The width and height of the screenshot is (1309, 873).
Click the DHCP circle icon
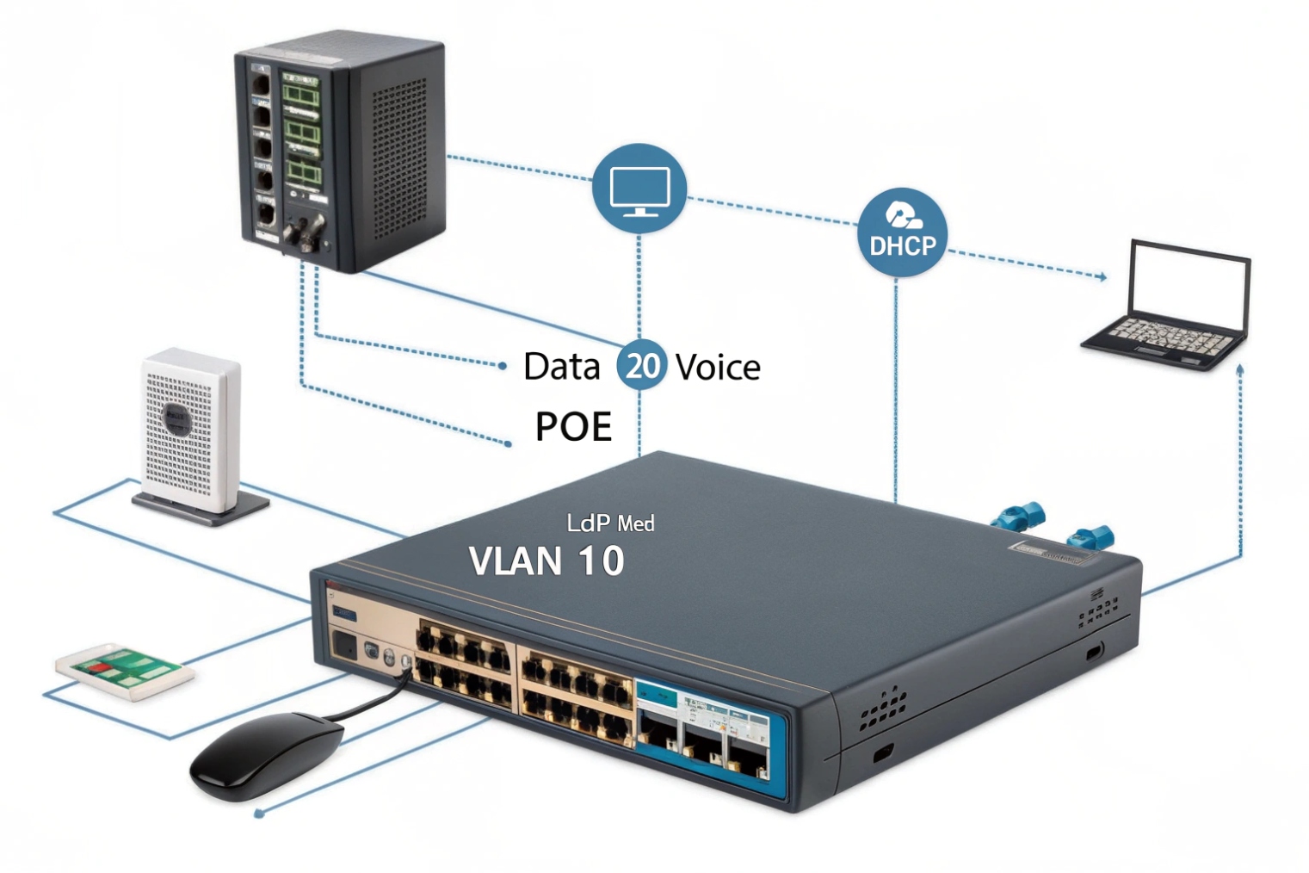click(902, 232)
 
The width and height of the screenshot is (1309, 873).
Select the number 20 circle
click(641, 365)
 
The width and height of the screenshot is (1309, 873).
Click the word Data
click(561, 367)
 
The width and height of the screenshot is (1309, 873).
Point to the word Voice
click(718, 368)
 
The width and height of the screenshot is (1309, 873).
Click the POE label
click(573, 426)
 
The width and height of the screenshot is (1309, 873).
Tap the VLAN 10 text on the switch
click(546, 561)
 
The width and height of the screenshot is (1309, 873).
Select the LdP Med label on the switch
click(610, 523)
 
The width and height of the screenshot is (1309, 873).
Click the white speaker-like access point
click(190, 430)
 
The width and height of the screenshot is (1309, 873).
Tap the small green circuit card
click(124, 669)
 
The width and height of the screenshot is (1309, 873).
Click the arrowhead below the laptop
click(1239, 368)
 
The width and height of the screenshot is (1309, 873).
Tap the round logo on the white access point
click(176, 418)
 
